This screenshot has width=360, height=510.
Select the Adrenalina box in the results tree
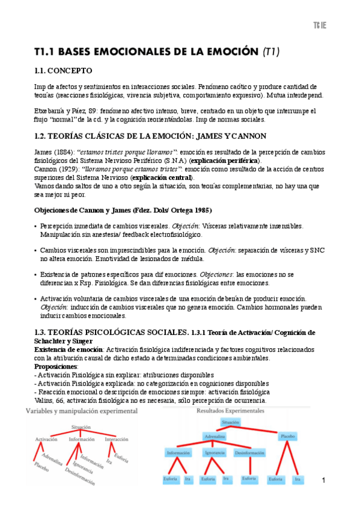(215, 435)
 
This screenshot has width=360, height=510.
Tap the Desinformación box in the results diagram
(248, 453)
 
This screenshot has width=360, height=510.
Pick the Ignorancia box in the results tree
(215, 453)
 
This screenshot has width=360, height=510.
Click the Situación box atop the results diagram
(230, 423)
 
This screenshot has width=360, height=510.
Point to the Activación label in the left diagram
(46, 439)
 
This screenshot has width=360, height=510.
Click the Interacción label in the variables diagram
(117, 439)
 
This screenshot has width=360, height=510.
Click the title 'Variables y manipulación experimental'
(81, 411)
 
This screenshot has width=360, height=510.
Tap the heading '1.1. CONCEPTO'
(63, 70)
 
